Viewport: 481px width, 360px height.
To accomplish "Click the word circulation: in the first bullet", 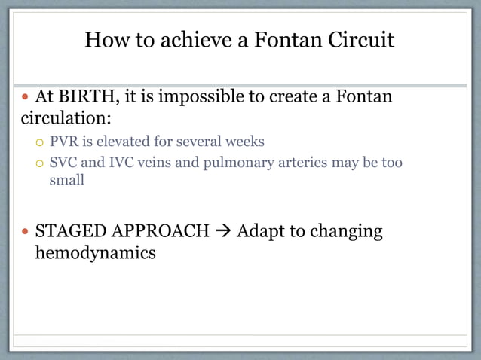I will pyautogui.click(x=66, y=119).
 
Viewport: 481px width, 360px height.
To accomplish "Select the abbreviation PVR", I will pyautogui.click(x=64, y=142).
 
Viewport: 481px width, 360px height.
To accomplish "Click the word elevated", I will pyautogui.click(x=124, y=142).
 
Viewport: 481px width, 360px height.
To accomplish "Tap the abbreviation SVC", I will pyautogui.click(x=64, y=162).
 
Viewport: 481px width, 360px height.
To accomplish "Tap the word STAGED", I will pyautogui.click(x=66, y=231).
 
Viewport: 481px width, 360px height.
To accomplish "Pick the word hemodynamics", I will pyautogui.click(x=96, y=252).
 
